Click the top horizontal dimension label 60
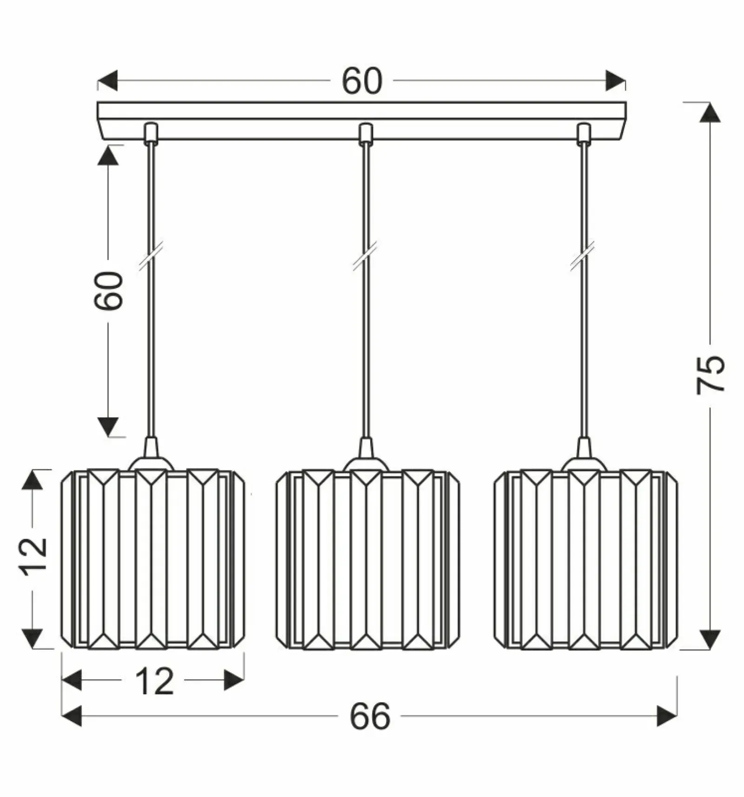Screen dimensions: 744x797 click(x=362, y=81)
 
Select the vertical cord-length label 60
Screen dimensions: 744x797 click(x=109, y=291)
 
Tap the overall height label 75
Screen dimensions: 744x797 click(x=711, y=375)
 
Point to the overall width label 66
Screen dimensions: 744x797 click(x=370, y=716)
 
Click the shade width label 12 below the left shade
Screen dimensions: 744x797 click(x=154, y=682)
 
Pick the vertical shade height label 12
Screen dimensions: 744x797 click(x=34, y=556)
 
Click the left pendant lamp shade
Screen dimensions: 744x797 click(x=153, y=559)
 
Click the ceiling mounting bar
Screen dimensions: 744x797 click(x=362, y=121)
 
